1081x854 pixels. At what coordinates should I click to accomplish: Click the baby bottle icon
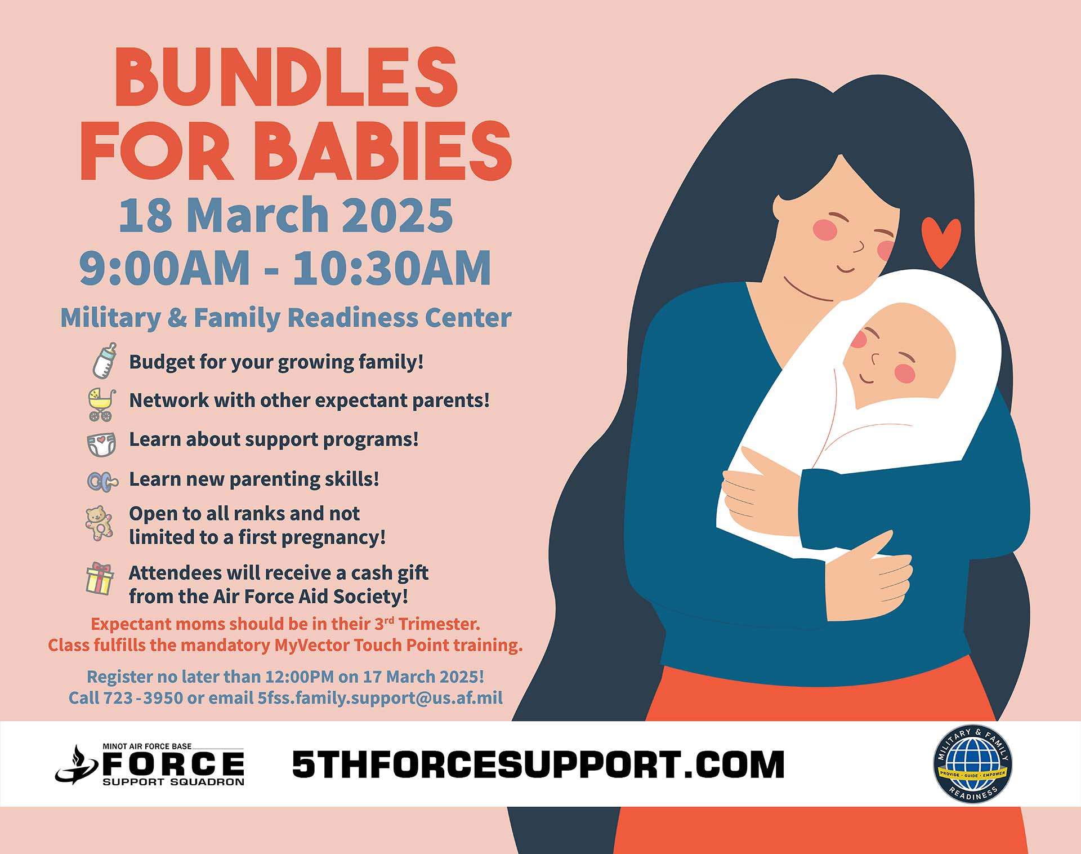pos(105,361)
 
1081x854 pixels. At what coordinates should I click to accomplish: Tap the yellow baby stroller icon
pos(102,404)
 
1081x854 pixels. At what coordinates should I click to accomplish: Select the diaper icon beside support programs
pos(102,444)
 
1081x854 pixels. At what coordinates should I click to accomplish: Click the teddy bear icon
pos(99,523)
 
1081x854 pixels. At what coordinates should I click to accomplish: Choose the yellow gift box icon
pos(100,579)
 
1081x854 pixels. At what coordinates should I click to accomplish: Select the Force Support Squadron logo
pos(150,764)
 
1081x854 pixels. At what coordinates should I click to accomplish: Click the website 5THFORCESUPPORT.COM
pos(538,764)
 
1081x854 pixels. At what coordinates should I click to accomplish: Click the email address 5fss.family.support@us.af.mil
pos(380,698)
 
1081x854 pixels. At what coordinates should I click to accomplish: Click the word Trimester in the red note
pos(439,624)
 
